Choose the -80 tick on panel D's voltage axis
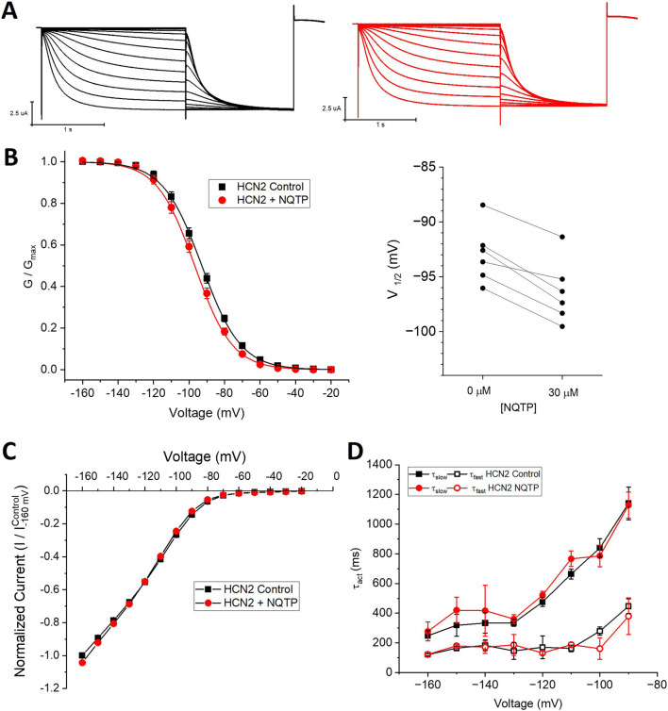pyautogui.click(x=651, y=690)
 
